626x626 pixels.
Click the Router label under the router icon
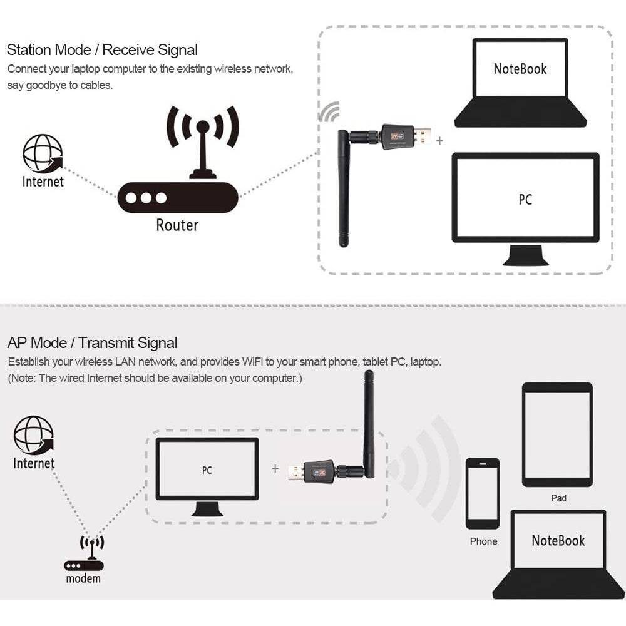[x=177, y=225]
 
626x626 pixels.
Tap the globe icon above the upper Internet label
[x=43, y=153]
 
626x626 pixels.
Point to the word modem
[x=83, y=578]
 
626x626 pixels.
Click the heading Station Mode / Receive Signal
[x=102, y=50]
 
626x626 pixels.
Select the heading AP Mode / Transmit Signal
[x=92, y=343]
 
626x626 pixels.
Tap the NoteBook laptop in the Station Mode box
[x=520, y=83]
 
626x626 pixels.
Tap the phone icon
[x=483, y=493]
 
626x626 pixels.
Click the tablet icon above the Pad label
[x=557, y=434]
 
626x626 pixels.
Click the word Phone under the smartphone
[x=483, y=541]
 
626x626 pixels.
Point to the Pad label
[x=558, y=498]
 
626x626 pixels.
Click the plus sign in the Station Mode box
[x=439, y=141]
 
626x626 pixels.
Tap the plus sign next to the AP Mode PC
[x=275, y=468]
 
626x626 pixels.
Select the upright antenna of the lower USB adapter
[x=369, y=423]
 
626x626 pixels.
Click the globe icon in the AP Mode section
[x=34, y=435]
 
